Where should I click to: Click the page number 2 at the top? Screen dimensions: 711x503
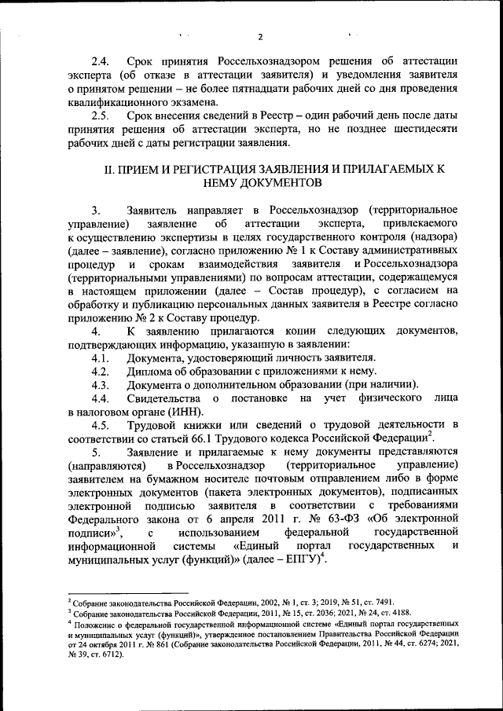coord(260,37)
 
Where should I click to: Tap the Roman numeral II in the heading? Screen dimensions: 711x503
coord(110,169)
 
